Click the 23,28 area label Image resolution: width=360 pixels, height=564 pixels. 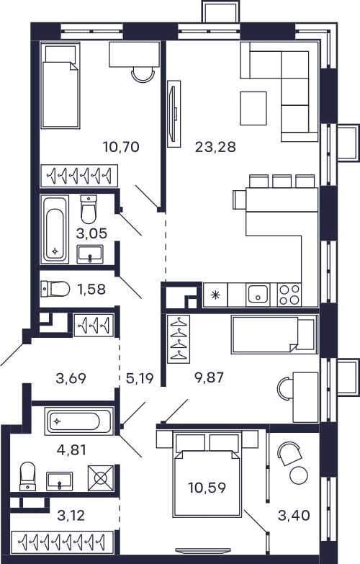click(215, 147)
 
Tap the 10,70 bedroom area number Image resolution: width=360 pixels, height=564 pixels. click(121, 147)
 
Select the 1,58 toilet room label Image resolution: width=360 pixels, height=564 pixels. click(91, 289)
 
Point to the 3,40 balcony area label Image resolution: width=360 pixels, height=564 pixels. click(294, 515)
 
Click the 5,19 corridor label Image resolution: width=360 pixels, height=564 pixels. click(140, 378)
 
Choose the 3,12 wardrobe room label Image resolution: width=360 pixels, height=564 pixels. click(71, 516)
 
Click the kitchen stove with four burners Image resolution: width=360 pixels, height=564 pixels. click(289, 295)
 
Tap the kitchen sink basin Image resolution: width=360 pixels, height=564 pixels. click(258, 295)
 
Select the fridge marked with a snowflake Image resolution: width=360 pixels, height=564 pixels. click(215, 295)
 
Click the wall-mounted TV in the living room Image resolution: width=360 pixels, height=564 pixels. click(174, 114)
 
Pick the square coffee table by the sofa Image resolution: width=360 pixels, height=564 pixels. click(253, 108)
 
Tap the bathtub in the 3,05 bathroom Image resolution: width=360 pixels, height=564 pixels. click(55, 230)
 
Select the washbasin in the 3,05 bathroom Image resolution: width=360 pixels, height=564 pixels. click(90, 254)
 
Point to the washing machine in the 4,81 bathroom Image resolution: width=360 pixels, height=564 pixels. click(101, 478)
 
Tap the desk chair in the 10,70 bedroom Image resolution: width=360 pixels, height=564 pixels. click(143, 74)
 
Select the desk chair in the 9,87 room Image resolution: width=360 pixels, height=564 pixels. click(286, 388)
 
